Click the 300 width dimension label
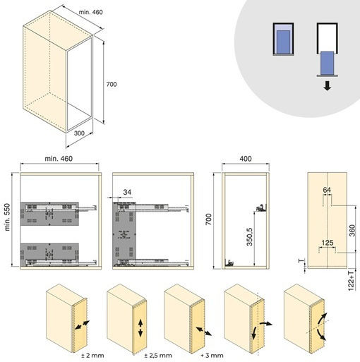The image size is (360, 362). [x=79, y=133]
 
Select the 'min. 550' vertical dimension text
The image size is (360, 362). [x=7, y=217]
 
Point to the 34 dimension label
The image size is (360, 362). [x=127, y=192]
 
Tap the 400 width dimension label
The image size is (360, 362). [x=246, y=159]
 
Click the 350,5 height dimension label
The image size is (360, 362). [x=249, y=236]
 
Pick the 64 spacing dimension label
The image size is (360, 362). [x=327, y=190]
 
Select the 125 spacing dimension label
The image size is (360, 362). [x=328, y=243]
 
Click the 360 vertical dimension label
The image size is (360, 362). [x=352, y=231]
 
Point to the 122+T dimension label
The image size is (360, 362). [x=351, y=281]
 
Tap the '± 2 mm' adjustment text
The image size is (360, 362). [x=92, y=355]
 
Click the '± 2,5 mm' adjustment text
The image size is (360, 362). [x=158, y=355]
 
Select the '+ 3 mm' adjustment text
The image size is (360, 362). [x=212, y=355]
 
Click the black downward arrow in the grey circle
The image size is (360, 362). [x=328, y=85]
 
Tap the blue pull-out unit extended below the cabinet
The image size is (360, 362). [x=328, y=63]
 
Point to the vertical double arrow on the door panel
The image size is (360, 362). [x=140, y=328]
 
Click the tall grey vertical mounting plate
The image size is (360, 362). [x=124, y=234]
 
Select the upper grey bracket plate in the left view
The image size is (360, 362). [x=49, y=214]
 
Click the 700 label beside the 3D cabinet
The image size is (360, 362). [x=112, y=84]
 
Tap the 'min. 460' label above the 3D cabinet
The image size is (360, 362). [x=91, y=12]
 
